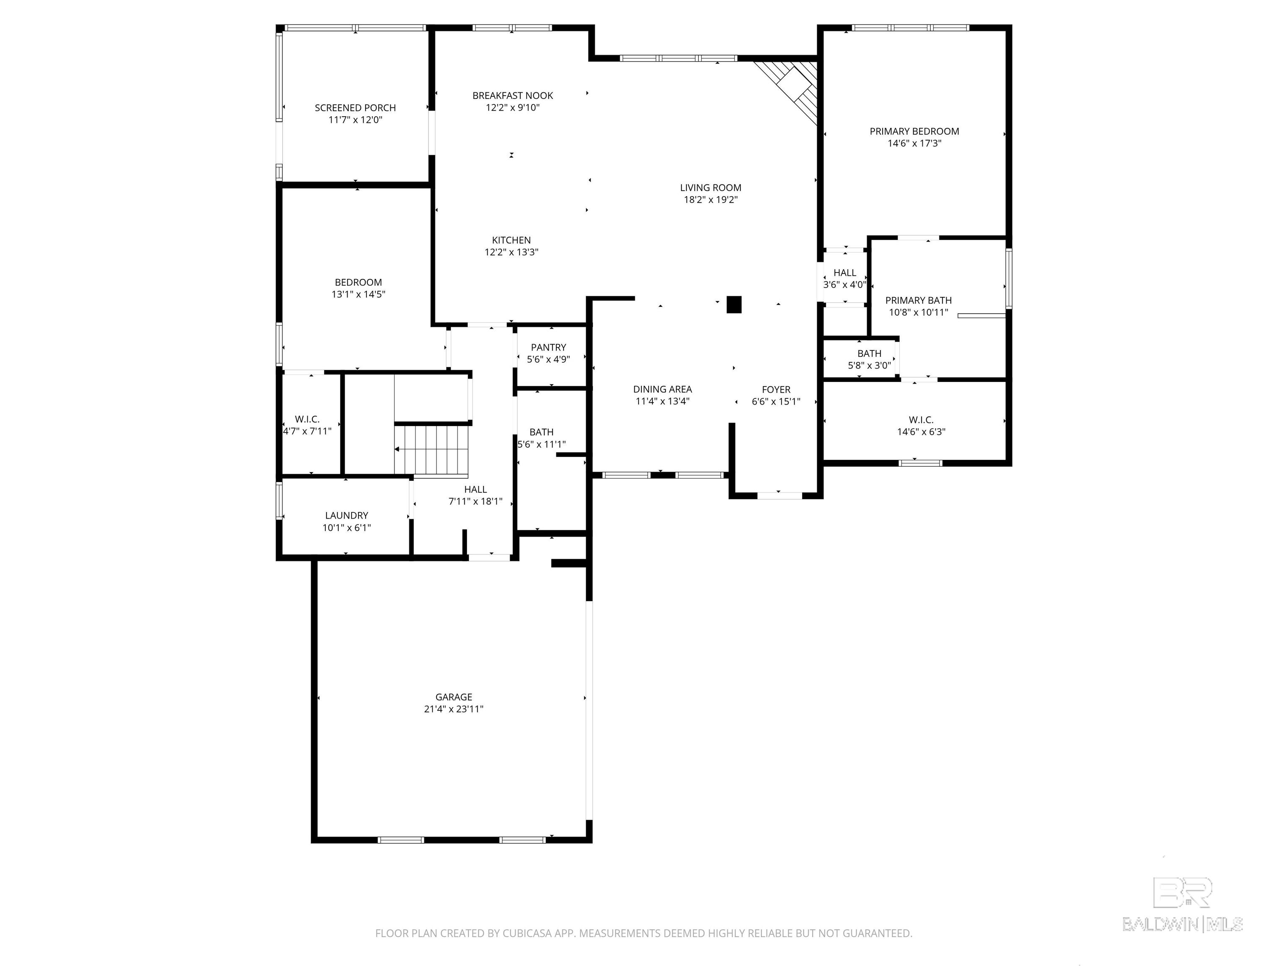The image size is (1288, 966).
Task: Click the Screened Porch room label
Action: coord(355,108)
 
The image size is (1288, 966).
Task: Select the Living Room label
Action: coord(710,187)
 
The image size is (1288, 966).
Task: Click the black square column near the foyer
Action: coord(734,304)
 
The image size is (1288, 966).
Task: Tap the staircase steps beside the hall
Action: coord(431,449)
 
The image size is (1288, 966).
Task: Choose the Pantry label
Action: coord(548,348)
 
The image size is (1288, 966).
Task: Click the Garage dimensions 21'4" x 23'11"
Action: coord(454,709)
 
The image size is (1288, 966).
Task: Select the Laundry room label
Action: coord(346,516)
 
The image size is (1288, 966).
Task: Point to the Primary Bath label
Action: coord(918,301)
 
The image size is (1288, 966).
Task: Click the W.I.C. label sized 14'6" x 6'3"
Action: coord(921,420)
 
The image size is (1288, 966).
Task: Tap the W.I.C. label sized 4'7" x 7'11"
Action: coord(307,419)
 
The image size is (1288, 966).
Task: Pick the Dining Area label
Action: coord(662,390)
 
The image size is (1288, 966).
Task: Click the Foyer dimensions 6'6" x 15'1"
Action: coord(776,402)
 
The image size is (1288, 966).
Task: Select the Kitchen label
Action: coord(511,240)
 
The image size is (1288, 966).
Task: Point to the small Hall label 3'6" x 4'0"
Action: coord(844,273)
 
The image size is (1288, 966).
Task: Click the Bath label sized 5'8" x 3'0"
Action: coord(869,353)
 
